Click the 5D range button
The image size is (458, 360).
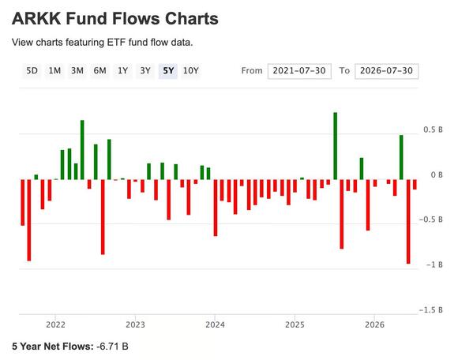pos(32,71)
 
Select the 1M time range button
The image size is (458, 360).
pos(54,71)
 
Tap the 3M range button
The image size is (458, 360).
pos(77,71)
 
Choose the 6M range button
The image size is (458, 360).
pos(100,71)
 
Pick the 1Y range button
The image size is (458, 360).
pos(122,71)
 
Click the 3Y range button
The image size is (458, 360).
pos(145,71)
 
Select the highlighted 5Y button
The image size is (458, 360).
pos(168,71)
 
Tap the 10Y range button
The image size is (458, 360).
pos(191,71)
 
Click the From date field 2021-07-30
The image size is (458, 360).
pos(299,71)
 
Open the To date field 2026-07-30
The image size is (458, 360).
pos(386,71)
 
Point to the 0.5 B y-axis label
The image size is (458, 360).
pos(433,129)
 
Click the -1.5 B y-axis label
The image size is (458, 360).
pos(431,309)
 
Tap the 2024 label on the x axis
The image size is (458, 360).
pos(215,324)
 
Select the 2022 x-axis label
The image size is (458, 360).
pos(55,324)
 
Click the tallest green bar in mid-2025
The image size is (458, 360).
pos(336,146)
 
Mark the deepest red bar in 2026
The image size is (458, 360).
pos(408,222)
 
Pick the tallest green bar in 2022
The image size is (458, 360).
pos(82,150)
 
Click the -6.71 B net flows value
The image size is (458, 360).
pos(112,347)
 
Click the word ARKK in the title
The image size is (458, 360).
pos(36,19)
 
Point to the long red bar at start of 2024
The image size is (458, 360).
pos(216,208)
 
